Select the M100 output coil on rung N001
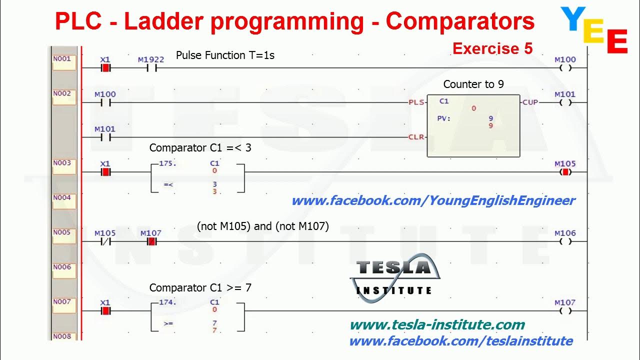pyautogui.click(x=565, y=68)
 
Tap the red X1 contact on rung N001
pyautogui.click(x=105, y=68)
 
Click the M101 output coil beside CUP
pyautogui.click(x=565, y=102)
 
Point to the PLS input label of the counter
pyautogui.click(x=416, y=102)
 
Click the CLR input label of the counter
pyautogui.click(x=416, y=137)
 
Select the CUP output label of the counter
pyautogui.click(x=530, y=102)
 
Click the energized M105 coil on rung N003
pyautogui.click(x=565, y=172)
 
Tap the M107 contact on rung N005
pyautogui.click(x=151, y=241)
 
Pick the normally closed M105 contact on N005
pyautogui.click(x=105, y=241)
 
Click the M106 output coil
pyautogui.click(x=565, y=241)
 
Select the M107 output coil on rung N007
pyautogui.click(x=565, y=311)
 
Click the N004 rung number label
pyautogui.click(x=62, y=198)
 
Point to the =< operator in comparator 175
pyautogui.click(x=168, y=185)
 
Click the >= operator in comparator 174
pyautogui.click(x=168, y=324)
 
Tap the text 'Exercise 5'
pyautogui.click(x=492, y=48)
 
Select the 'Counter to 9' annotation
pyautogui.click(x=473, y=84)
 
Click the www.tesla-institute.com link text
pyautogui.click(x=437, y=325)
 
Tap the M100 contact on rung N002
pyautogui.click(x=105, y=102)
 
